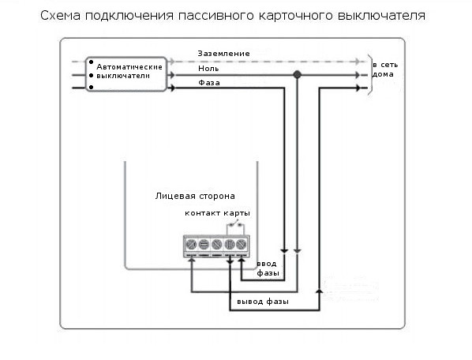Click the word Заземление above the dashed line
coord(223,54)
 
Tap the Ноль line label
coord(208,69)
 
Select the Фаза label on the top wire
coord(209,82)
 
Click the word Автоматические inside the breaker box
coord(129,67)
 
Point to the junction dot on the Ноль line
coord(297,74)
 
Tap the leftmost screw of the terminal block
coord(191,244)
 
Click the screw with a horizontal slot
coord(204,244)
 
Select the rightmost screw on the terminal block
coord(241,244)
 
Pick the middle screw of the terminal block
coord(216,244)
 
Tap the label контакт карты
coord(217,213)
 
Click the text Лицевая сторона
coord(195,197)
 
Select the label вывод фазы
coord(263,302)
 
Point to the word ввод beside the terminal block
coord(267,264)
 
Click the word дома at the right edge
coord(383,74)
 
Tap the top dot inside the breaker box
coord(92,62)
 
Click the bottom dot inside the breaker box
coord(92,88)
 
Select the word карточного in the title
coord(296,16)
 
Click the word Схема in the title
coord(60,16)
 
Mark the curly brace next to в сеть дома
coord(370,75)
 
